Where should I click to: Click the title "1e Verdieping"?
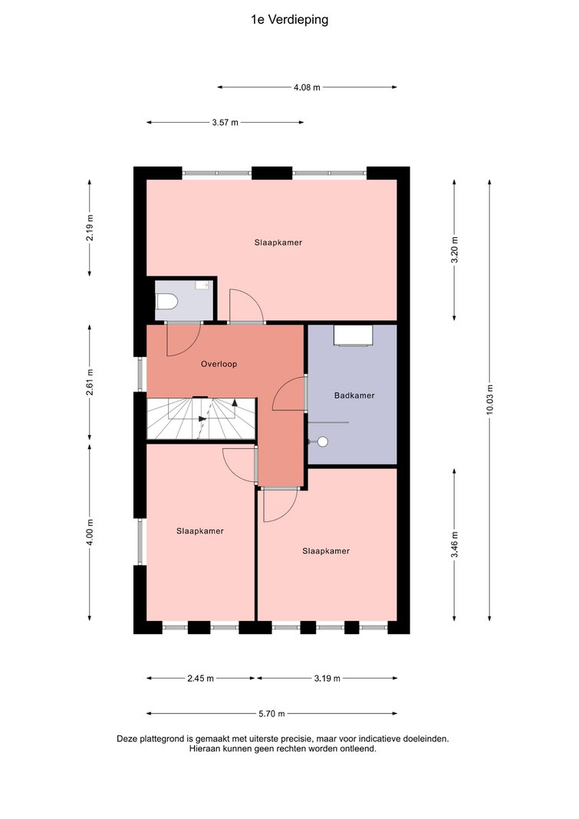(x=290, y=20)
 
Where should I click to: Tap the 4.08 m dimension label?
(x=307, y=88)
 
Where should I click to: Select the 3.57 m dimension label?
(x=225, y=123)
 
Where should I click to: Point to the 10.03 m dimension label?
(x=490, y=400)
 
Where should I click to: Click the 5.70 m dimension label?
(x=271, y=714)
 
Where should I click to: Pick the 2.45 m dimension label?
(x=200, y=679)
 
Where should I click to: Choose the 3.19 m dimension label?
(x=327, y=679)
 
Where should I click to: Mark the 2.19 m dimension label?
(x=90, y=228)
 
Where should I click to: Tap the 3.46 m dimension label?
(x=454, y=545)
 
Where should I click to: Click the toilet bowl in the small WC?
(x=167, y=302)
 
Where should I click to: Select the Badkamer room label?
(x=354, y=395)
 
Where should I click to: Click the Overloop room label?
(x=219, y=364)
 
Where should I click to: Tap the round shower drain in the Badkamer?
(x=323, y=442)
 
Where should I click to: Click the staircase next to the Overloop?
(x=201, y=419)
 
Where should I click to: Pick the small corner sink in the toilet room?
(x=202, y=285)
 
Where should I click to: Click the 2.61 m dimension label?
(x=90, y=381)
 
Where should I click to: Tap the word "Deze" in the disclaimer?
(x=127, y=739)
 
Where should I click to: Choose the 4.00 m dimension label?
(x=90, y=532)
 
